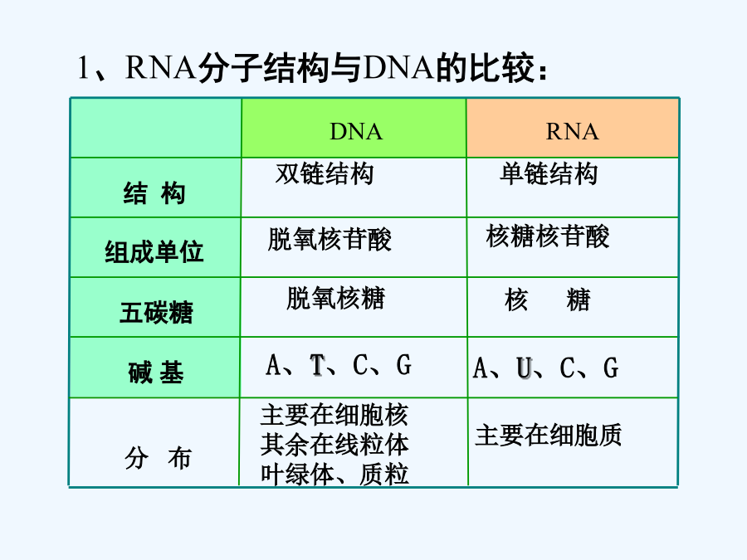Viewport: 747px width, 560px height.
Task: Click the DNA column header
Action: pyautogui.click(x=356, y=131)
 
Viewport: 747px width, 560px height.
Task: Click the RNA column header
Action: pyautogui.click(x=572, y=131)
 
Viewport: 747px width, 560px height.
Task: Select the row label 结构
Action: pyautogui.click(x=154, y=193)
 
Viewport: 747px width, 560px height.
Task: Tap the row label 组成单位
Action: pyautogui.click(x=154, y=251)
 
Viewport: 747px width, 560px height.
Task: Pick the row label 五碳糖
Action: pyautogui.click(x=156, y=313)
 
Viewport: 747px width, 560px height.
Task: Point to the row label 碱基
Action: pyautogui.click(x=156, y=372)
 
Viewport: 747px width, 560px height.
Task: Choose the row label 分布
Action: pyautogui.click(x=158, y=458)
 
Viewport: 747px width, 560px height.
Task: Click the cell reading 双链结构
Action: pyautogui.click(x=325, y=173)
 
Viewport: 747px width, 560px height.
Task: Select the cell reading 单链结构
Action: pyautogui.click(x=549, y=173)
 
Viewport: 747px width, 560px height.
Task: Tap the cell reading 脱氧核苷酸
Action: pyautogui.click(x=330, y=239)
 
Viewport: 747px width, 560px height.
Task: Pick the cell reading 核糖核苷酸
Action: pyautogui.click(x=548, y=236)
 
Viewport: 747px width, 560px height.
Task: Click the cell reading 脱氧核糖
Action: pyautogui.click(x=336, y=298)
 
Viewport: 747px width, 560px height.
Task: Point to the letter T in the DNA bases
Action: pyautogui.click(x=317, y=365)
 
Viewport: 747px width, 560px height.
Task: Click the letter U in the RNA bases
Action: pyautogui.click(x=524, y=368)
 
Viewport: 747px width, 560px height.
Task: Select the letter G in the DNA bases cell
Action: pyautogui.click(x=404, y=365)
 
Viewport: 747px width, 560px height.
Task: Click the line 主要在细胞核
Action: pyautogui.click(x=334, y=415)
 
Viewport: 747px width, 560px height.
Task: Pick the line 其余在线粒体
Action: pyautogui.click(x=334, y=445)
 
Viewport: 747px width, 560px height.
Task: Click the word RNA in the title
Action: pyautogui.click(x=160, y=67)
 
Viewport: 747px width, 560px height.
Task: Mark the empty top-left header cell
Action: pyautogui.click(x=156, y=128)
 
